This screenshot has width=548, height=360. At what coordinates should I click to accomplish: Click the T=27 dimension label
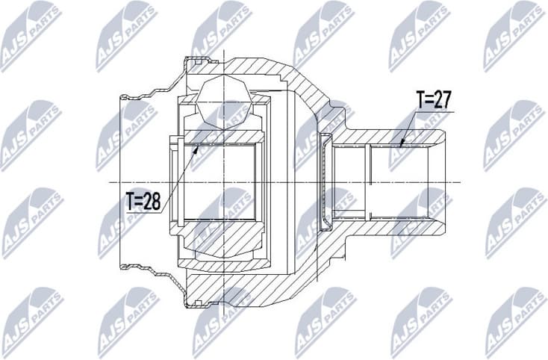coord(433,101)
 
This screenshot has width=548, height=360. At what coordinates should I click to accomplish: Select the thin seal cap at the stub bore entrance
coord(326,181)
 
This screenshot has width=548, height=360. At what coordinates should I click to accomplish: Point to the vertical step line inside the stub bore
coord(369,181)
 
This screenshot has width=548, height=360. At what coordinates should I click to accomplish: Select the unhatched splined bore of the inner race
coord(220,181)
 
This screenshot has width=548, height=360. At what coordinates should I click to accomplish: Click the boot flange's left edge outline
coord(122,181)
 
